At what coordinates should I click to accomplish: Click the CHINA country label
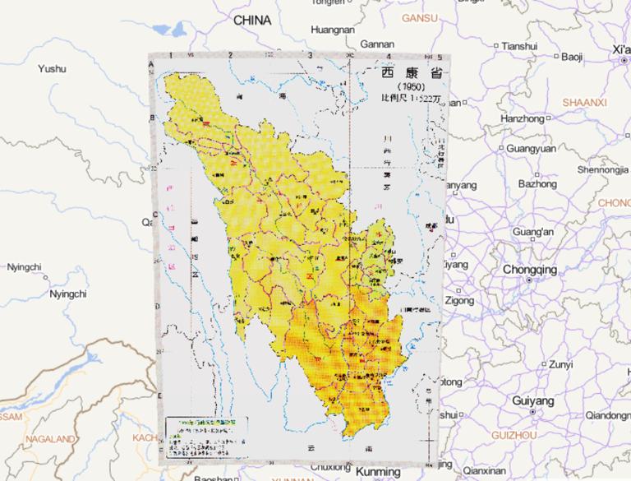point(252,19)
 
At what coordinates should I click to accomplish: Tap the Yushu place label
point(51,69)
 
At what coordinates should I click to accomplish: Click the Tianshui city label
point(523,45)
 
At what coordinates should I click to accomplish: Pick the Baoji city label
point(572,57)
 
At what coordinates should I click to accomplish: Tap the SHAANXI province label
point(585,102)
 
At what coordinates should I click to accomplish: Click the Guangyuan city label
point(531,149)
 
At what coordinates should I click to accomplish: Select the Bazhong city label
point(537,184)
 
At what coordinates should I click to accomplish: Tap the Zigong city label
point(460,301)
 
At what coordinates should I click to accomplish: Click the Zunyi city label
point(560,364)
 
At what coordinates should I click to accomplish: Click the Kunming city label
point(378,472)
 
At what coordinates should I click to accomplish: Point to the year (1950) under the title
point(408,86)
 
